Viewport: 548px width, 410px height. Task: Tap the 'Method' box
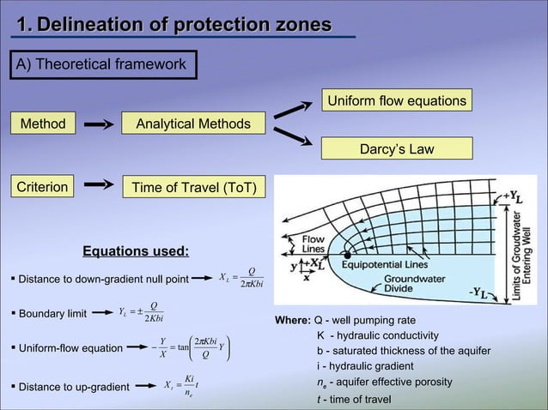[x=43, y=124]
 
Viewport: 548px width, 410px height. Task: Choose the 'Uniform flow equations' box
[x=397, y=101]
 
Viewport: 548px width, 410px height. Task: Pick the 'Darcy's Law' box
[x=397, y=149]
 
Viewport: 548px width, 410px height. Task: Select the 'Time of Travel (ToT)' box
[x=192, y=186]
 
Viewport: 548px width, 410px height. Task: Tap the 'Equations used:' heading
[x=136, y=251]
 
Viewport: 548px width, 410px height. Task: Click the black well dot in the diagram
[x=347, y=255]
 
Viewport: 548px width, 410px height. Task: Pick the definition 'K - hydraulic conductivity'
[x=378, y=335]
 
